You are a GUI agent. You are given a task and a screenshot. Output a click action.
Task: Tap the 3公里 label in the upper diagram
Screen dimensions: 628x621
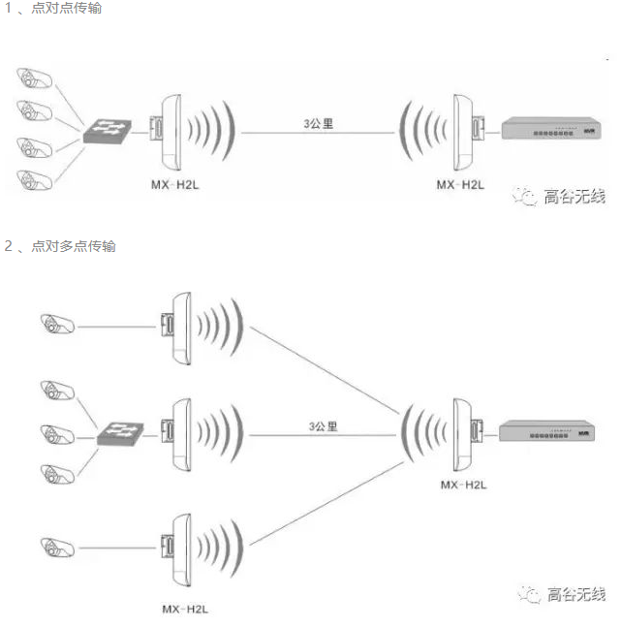tap(319, 123)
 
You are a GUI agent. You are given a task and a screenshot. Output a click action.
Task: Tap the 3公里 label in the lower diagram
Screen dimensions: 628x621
tap(323, 425)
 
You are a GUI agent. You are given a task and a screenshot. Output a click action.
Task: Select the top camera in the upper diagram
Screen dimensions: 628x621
tap(36, 78)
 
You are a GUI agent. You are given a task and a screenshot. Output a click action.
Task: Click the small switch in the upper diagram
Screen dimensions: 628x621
tap(107, 130)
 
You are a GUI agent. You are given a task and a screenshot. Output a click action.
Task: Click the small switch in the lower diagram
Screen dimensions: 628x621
tap(120, 432)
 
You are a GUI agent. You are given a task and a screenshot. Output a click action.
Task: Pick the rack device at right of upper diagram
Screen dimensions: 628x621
tap(548, 129)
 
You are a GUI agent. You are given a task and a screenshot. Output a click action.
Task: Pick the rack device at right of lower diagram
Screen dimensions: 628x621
tap(547, 433)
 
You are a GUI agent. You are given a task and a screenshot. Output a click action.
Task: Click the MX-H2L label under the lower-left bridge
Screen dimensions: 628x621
tap(185, 609)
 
